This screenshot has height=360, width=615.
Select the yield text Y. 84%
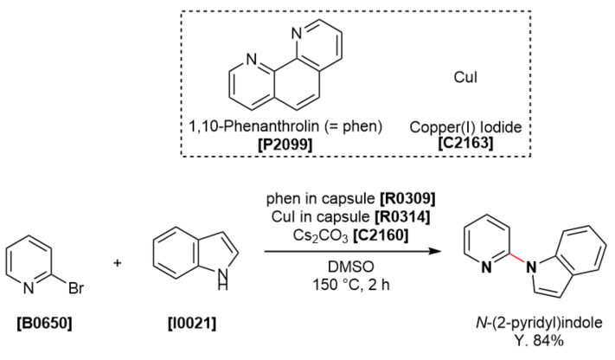click(x=538, y=340)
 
